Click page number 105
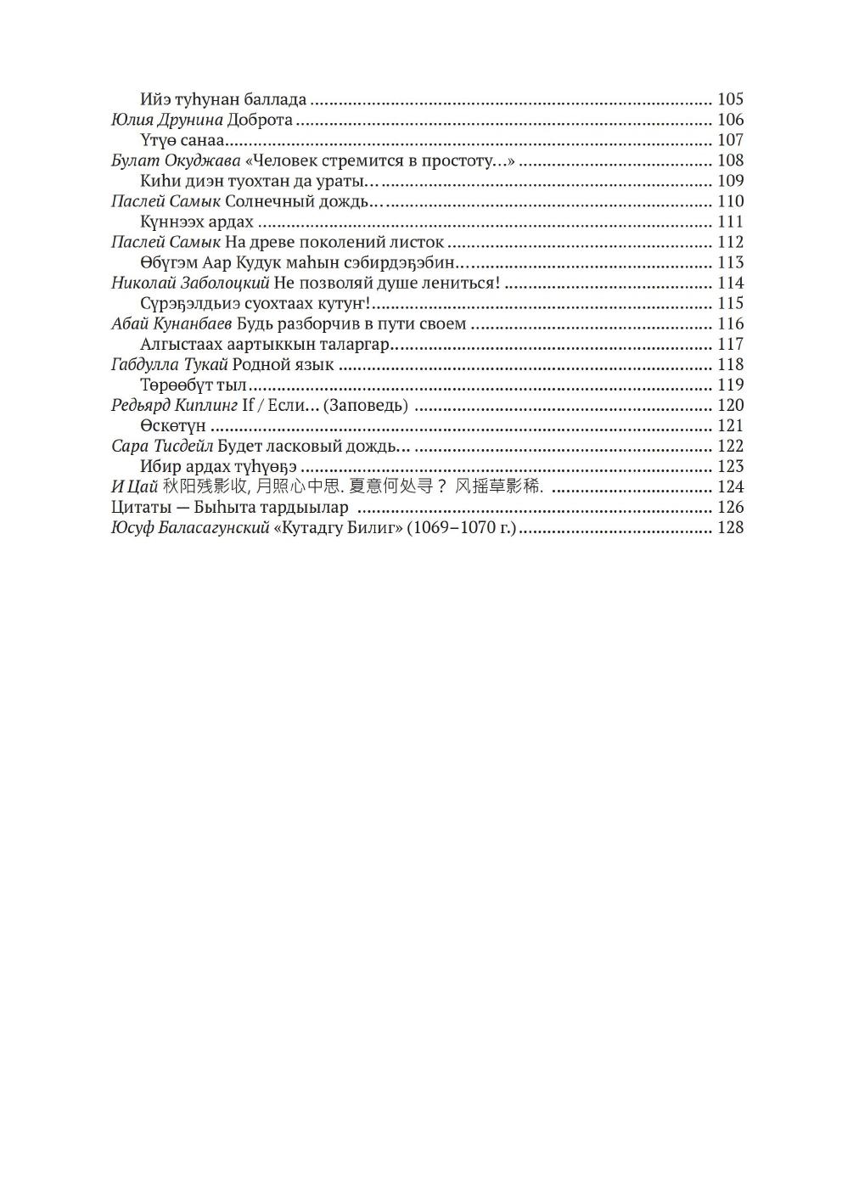click(730, 99)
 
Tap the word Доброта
click(260, 120)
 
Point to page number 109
click(730, 181)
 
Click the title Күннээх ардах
click(196, 222)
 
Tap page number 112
click(730, 242)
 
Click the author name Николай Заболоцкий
click(190, 283)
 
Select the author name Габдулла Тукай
click(169, 364)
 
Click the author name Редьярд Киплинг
click(174, 405)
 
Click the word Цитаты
click(138, 507)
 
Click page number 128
click(730, 527)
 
